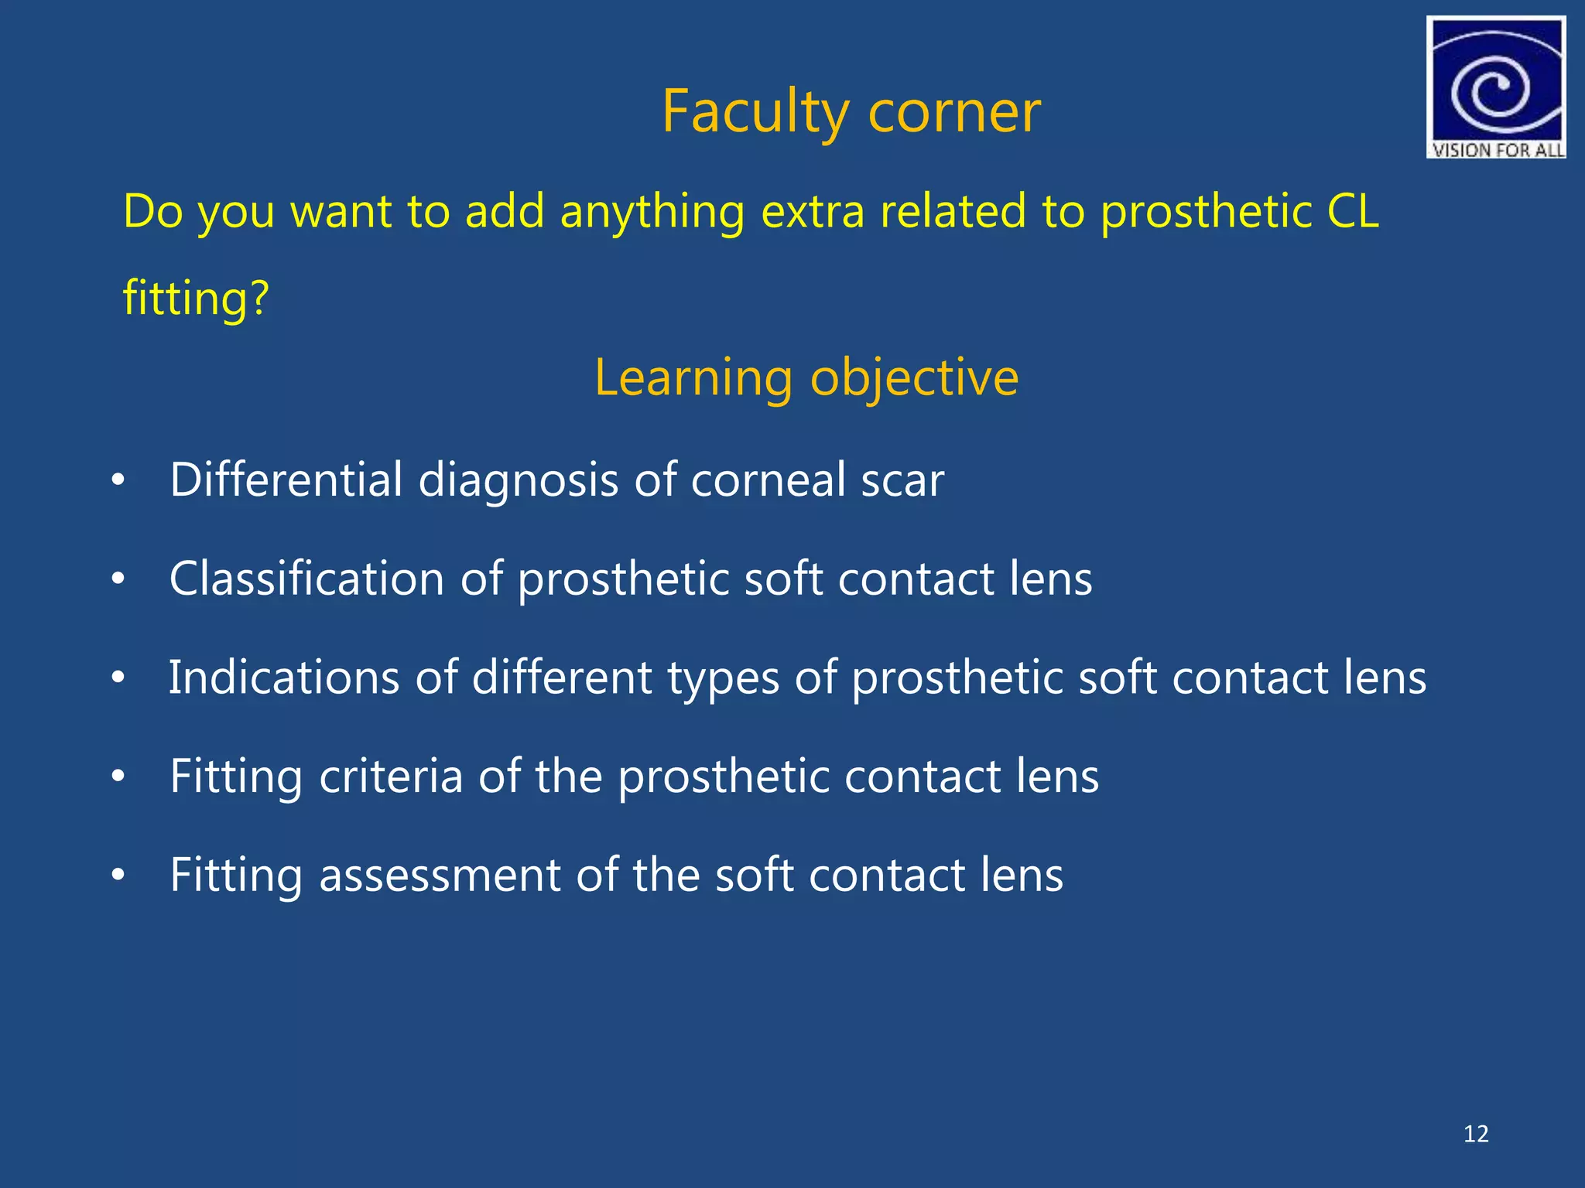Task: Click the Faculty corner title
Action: point(851,112)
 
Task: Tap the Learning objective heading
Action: point(806,378)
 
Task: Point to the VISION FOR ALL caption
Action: point(1497,150)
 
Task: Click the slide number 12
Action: point(1476,1134)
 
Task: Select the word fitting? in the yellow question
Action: point(196,298)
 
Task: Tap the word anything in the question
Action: point(652,212)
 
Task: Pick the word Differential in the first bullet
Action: point(286,480)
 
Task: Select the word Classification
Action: point(306,579)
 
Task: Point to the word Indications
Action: point(284,678)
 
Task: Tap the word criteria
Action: point(391,776)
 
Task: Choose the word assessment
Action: point(440,876)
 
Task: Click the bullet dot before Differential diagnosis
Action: point(118,480)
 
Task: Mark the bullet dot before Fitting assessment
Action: point(118,876)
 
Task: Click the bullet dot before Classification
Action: point(118,579)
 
